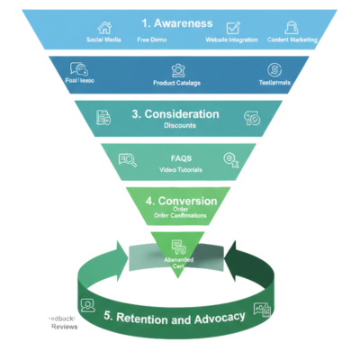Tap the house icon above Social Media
105,28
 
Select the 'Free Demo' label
152,40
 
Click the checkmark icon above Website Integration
233,28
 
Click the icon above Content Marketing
292,28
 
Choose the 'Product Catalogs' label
177,82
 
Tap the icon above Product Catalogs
178,69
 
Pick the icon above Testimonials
273,69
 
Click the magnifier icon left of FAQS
127,161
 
